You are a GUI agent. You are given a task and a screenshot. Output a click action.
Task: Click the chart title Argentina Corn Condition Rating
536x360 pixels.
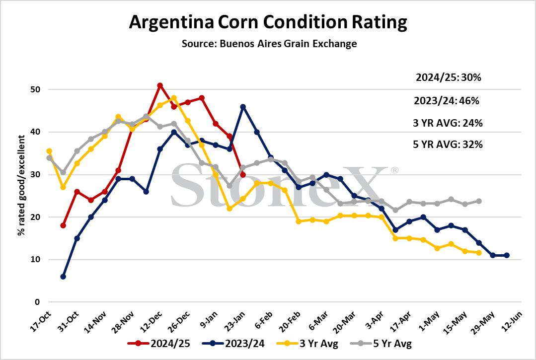(x=268, y=22)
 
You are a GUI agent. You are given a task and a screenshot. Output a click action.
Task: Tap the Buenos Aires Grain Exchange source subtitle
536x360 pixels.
(x=269, y=44)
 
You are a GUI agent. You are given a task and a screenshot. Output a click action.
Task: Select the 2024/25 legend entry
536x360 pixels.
(x=158, y=343)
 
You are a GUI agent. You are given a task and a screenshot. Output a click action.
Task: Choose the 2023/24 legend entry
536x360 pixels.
(x=233, y=343)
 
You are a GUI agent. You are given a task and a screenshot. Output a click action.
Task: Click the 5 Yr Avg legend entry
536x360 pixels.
(x=381, y=343)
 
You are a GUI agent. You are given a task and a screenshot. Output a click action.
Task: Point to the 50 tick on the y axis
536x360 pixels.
(x=35, y=89)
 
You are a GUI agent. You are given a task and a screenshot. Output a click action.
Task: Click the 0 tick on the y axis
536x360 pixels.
(x=37, y=302)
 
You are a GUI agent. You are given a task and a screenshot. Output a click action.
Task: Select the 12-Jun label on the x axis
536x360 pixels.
(x=512, y=322)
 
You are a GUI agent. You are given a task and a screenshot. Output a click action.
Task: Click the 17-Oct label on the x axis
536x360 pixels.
(x=41, y=322)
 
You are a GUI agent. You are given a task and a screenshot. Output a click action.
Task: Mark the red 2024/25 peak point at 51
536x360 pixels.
(x=159, y=85)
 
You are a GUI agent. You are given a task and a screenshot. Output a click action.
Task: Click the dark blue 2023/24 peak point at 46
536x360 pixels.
(x=243, y=107)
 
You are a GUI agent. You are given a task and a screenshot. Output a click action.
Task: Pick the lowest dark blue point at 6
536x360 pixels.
(x=63, y=277)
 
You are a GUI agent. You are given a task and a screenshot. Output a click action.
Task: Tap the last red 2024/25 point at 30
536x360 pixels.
(x=243, y=175)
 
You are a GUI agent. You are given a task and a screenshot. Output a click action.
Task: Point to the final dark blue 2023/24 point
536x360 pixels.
(x=507, y=256)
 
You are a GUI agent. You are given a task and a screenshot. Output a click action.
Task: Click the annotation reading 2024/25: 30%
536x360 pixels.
(x=448, y=77)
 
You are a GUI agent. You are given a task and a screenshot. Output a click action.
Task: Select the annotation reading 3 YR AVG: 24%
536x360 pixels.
(x=448, y=123)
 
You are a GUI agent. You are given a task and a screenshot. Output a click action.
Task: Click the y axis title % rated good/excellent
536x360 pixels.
(x=21, y=185)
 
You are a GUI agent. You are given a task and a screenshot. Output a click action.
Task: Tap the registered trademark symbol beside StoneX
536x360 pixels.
(x=394, y=170)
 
